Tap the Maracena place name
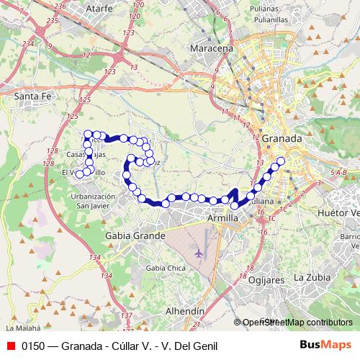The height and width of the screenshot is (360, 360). pyautogui.click(x=211, y=48)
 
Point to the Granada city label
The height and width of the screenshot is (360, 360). pyautogui.click(x=282, y=138)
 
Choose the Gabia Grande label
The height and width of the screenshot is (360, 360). pyautogui.click(x=135, y=235)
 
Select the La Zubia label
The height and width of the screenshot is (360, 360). pyautogui.click(x=312, y=277)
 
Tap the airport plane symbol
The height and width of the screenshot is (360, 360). pyautogui.click(x=199, y=253)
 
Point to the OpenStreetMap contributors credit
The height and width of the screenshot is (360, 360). pyautogui.click(x=297, y=323)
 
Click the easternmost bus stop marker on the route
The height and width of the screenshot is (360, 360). pyautogui.click(x=281, y=161)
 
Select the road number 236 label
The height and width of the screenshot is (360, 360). pyautogui.click(x=60, y=5)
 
